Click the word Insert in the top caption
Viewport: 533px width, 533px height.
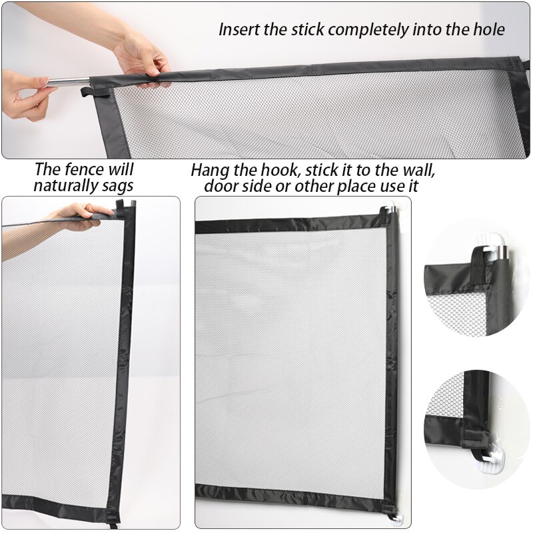click(x=237, y=29)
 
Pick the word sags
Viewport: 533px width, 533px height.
click(x=118, y=185)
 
